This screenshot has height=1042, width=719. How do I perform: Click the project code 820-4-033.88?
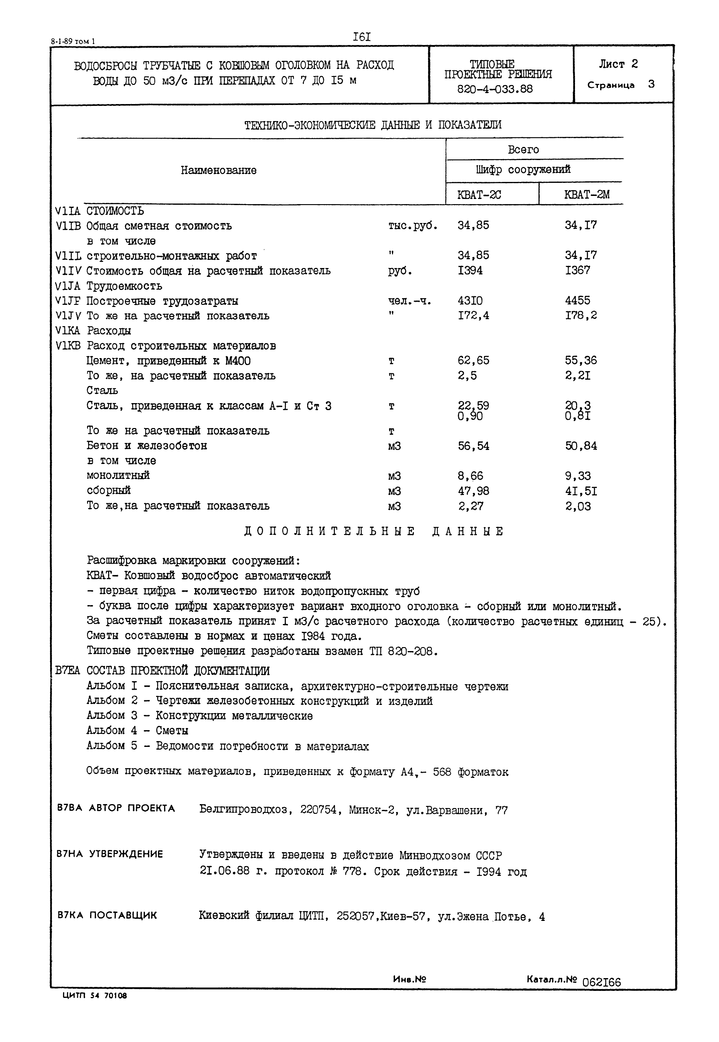coord(495,89)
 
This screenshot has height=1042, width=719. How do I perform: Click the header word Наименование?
coord(219,170)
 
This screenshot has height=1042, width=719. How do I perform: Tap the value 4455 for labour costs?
coord(577,300)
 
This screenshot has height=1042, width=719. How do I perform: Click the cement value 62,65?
coord(473,360)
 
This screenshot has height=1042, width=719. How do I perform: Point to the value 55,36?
coord(581,360)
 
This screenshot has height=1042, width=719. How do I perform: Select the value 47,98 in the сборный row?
coord(473,491)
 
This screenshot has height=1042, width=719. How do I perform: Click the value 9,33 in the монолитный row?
coord(578,476)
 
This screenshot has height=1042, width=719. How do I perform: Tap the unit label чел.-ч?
coord(409,301)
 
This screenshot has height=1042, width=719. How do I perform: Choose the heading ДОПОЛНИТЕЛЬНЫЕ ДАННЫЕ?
coord(374,531)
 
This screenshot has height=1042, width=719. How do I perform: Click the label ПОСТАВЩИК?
coord(123,915)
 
